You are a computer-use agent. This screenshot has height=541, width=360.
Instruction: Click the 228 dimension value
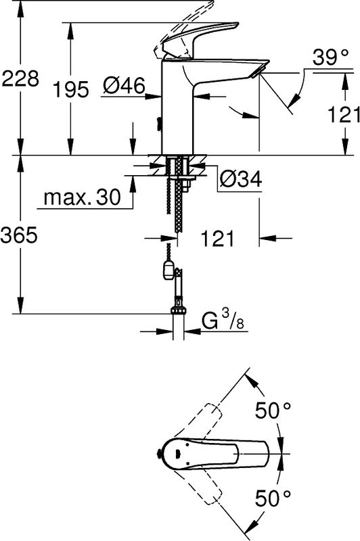[x=19, y=80]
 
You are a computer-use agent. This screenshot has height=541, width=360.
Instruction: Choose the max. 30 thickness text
[x=81, y=198]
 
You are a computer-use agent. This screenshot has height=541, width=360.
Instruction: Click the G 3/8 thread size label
[x=224, y=321]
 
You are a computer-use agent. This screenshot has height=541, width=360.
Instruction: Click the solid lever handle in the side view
[x=203, y=41]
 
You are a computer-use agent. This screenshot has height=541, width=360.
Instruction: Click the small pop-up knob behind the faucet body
[x=158, y=124]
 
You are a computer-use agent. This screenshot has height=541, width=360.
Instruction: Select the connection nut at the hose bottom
[x=179, y=312]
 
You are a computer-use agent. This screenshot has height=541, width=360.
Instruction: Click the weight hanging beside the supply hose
[x=167, y=272]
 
